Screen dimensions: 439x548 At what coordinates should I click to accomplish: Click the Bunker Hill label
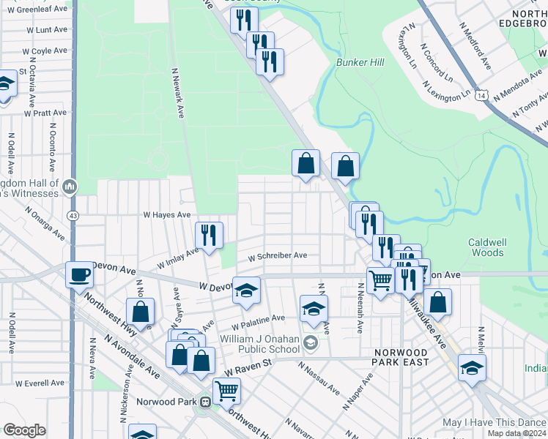(x=360, y=63)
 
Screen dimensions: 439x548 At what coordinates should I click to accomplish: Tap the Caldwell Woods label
(x=486, y=247)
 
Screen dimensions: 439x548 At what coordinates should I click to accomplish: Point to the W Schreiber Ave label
(x=277, y=257)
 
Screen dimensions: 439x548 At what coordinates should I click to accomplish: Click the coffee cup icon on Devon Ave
(x=80, y=275)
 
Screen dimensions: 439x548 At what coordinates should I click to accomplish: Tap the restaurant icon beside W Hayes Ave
(x=210, y=235)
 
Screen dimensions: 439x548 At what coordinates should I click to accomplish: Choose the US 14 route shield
(x=481, y=95)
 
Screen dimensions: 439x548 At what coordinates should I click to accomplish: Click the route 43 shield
(x=73, y=216)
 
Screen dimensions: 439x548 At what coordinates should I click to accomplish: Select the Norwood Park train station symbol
(x=207, y=402)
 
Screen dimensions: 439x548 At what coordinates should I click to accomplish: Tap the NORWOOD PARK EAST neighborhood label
(x=406, y=357)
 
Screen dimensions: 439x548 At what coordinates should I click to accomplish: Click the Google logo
(x=24, y=430)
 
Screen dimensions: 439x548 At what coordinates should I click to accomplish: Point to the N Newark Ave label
(x=179, y=94)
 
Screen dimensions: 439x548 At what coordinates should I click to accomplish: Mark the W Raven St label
(x=248, y=372)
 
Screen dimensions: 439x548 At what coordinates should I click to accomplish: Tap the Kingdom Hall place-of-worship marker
(x=70, y=187)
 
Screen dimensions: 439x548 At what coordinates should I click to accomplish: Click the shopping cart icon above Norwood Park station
(x=227, y=391)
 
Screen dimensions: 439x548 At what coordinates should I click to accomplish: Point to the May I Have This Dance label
(x=494, y=423)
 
